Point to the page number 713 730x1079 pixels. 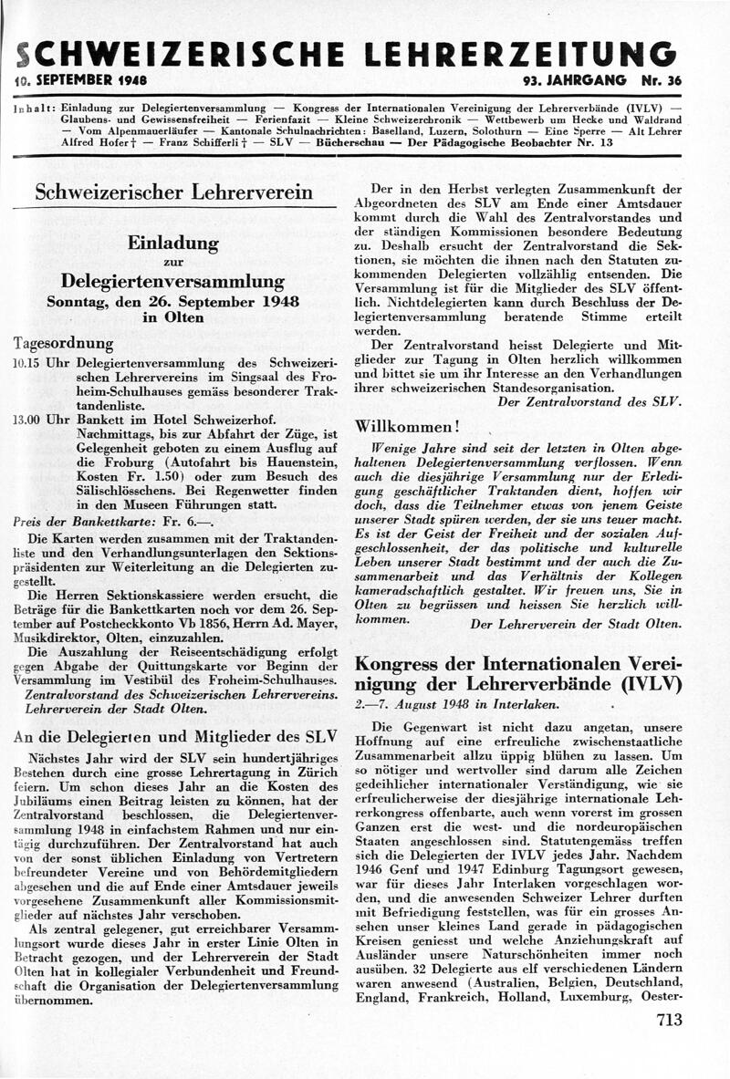[x=668, y=1021]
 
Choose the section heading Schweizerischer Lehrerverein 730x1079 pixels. [x=173, y=193]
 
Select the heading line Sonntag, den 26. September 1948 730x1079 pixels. [x=173, y=301]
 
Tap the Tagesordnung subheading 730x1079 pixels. [x=63, y=344]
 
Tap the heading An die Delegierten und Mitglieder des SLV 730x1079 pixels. [x=173, y=738]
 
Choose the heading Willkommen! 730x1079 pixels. [x=406, y=426]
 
